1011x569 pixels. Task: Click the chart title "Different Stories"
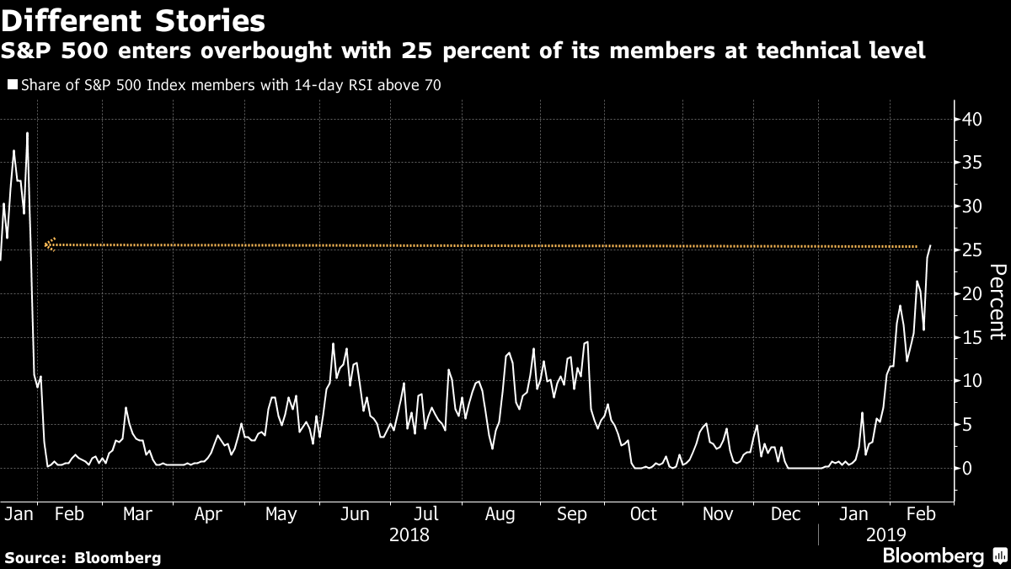133,21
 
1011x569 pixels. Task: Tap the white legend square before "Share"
13,84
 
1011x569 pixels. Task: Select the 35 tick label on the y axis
972,163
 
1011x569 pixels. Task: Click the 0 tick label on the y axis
967,469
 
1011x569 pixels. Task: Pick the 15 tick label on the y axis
972,337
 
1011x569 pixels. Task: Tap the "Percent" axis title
998,302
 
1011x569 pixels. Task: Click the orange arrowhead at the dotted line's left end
50,244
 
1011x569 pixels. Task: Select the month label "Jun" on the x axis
355,514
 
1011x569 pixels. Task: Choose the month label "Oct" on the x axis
644,514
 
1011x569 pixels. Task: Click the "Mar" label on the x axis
137,514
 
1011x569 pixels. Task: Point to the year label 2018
409,535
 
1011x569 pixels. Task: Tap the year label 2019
886,535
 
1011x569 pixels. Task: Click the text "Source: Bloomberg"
83,557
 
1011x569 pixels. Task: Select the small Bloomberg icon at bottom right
1000,555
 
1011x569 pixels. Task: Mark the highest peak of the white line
27,133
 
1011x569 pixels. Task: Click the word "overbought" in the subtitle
266,50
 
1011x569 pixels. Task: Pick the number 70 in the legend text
432,85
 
